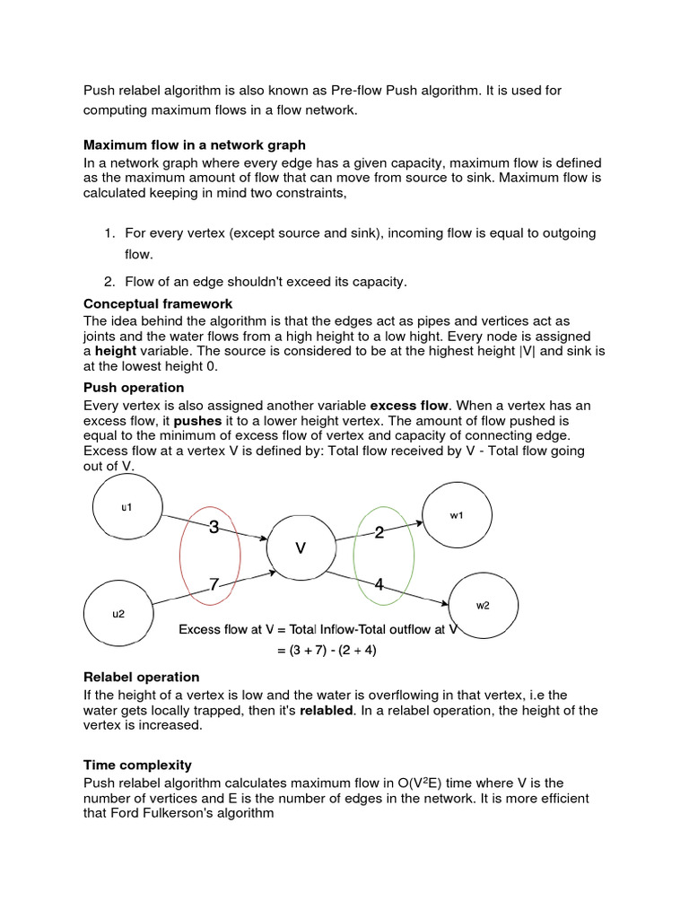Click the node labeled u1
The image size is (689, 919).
point(127,507)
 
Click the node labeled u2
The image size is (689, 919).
point(118,614)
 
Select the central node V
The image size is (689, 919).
point(301,547)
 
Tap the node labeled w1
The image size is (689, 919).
point(457,515)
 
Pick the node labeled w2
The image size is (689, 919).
point(483,606)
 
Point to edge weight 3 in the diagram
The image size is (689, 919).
point(214,528)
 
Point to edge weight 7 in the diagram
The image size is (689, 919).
point(214,584)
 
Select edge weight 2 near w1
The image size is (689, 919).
point(379,533)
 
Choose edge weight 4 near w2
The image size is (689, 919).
point(379,585)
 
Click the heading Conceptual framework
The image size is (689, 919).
point(158,304)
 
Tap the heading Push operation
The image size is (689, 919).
point(134,388)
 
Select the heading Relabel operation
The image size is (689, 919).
point(141,678)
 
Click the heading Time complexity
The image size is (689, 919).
point(137,766)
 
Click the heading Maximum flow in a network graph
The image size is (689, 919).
point(195,144)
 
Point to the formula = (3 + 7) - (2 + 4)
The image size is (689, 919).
point(327,650)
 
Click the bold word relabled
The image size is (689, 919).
point(327,711)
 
